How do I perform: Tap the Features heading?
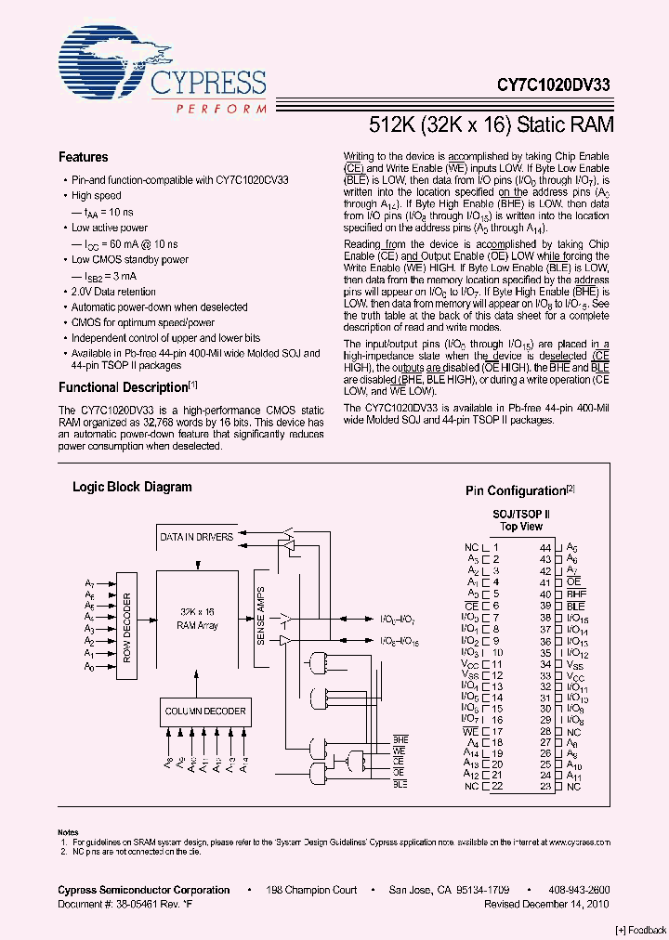[83, 157]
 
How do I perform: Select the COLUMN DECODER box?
[205, 712]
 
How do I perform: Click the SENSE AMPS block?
[261, 618]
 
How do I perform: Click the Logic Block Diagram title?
[132, 487]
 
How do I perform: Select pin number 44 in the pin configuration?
[545, 548]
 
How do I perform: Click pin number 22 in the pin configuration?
[497, 786]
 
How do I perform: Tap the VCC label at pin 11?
[470, 665]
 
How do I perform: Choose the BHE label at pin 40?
[576, 594]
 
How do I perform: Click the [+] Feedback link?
[640, 930]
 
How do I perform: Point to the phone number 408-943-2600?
[579, 890]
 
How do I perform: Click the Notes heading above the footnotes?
[68, 832]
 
